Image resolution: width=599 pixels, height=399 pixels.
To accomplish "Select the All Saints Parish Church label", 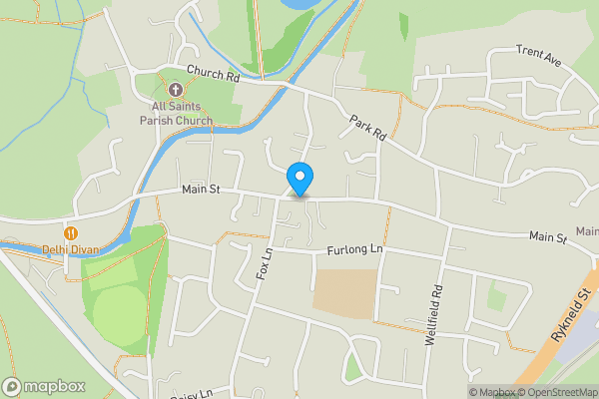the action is pos(176,113).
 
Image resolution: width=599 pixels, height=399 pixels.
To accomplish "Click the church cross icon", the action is pos(176,91).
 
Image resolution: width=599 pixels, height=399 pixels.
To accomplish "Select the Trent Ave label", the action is pos(539,56).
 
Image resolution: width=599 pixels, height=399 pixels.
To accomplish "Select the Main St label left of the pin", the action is pos(200,190).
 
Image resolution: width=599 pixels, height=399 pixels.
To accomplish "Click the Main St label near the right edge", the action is pos(547,238).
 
